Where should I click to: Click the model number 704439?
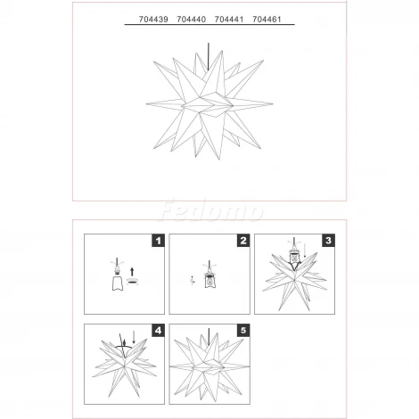pyautogui.click(x=153, y=20)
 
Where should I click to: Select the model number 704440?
pyautogui.click(x=192, y=20)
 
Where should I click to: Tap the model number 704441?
pyautogui.click(x=229, y=20)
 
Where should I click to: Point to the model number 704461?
pyautogui.click(x=267, y=20)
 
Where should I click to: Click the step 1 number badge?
pyautogui.click(x=158, y=241)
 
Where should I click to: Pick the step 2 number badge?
pyautogui.click(x=243, y=241)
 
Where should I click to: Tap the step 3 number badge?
pyautogui.click(x=328, y=241)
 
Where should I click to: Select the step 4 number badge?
pyautogui.click(x=158, y=331)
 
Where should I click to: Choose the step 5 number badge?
pyautogui.click(x=243, y=331)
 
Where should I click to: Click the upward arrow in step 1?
pyautogui.click(x=132, y=272)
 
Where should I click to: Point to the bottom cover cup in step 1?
pyautogui.click(x=118, y=283)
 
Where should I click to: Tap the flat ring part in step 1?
pyautogui.click(x=132, y=281)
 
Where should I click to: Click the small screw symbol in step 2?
pyautogui.click(x=193, y=281)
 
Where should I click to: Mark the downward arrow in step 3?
pyautogui.click(x=305, y=251)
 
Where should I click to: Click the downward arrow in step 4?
pyautogui.click(x=134, y=338)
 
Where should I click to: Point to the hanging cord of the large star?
pyautogui.click(x=208, y=56)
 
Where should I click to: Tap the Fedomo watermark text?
pyautogui.click(x=211, y=211)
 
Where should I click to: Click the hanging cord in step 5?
pyautogui.click(x=209, y=337)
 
